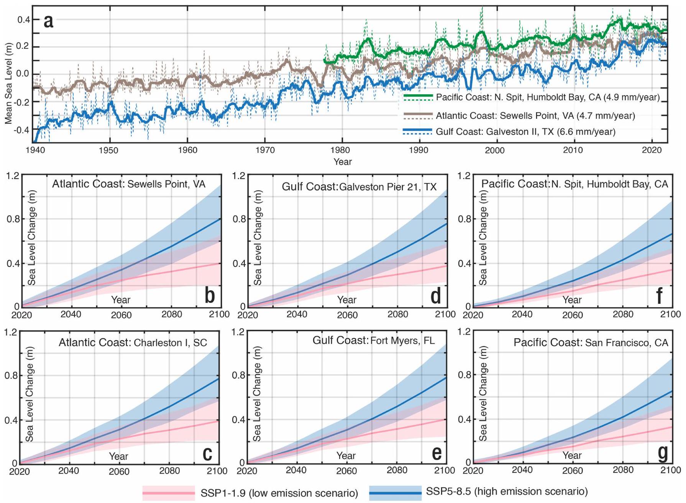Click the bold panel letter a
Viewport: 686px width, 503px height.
coord(48,21)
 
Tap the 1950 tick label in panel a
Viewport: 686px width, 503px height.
coord(109,150)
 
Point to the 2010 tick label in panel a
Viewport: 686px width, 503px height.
coord(573,150)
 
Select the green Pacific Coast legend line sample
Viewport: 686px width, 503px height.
coord(418,97)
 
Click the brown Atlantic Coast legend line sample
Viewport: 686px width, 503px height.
coord(418,115)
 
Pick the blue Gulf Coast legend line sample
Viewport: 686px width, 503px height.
coord(418,131)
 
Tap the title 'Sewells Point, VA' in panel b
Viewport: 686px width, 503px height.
coord(166,184)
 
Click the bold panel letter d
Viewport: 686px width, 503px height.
coord(436,296)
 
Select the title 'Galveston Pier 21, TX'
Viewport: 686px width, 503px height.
coord(388,187)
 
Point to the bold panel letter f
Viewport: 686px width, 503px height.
coord(659,296)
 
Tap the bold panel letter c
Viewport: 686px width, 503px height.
coord(207,453)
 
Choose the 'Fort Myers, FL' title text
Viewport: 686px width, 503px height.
coord(402,341)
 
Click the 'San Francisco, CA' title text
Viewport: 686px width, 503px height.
coord(627,342)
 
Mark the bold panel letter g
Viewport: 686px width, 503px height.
coord(662,452)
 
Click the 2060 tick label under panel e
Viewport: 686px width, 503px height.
coord(347,471)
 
